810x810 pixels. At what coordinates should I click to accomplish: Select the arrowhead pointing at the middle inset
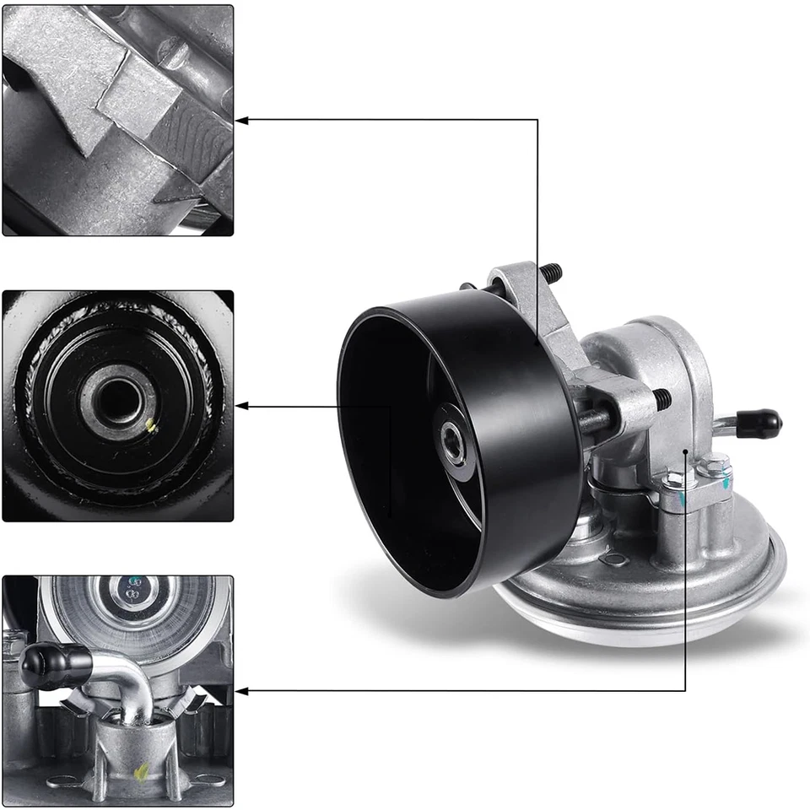click(x=241, y=407)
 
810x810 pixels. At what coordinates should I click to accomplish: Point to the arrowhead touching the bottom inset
click(x=241, y=692)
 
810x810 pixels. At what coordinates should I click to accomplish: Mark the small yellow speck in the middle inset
click(x=151, y=426)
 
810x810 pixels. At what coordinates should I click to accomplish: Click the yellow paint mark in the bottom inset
click(x=142, y=769)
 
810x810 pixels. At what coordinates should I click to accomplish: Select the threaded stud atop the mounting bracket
click(x=551, y=273)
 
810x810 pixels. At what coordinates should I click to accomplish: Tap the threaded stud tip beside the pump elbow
click(x=660, y=399)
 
